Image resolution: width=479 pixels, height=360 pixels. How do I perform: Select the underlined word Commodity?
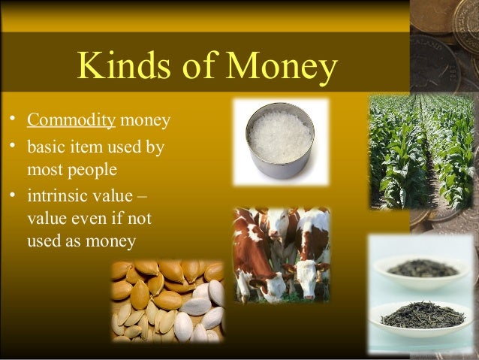tap(71, 120)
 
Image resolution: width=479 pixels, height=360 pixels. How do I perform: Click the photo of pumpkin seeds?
tap(167, 301)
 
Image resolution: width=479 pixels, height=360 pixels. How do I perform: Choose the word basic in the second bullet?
tap(45, 147)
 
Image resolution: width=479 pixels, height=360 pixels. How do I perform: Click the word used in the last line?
tap(44, 241)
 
